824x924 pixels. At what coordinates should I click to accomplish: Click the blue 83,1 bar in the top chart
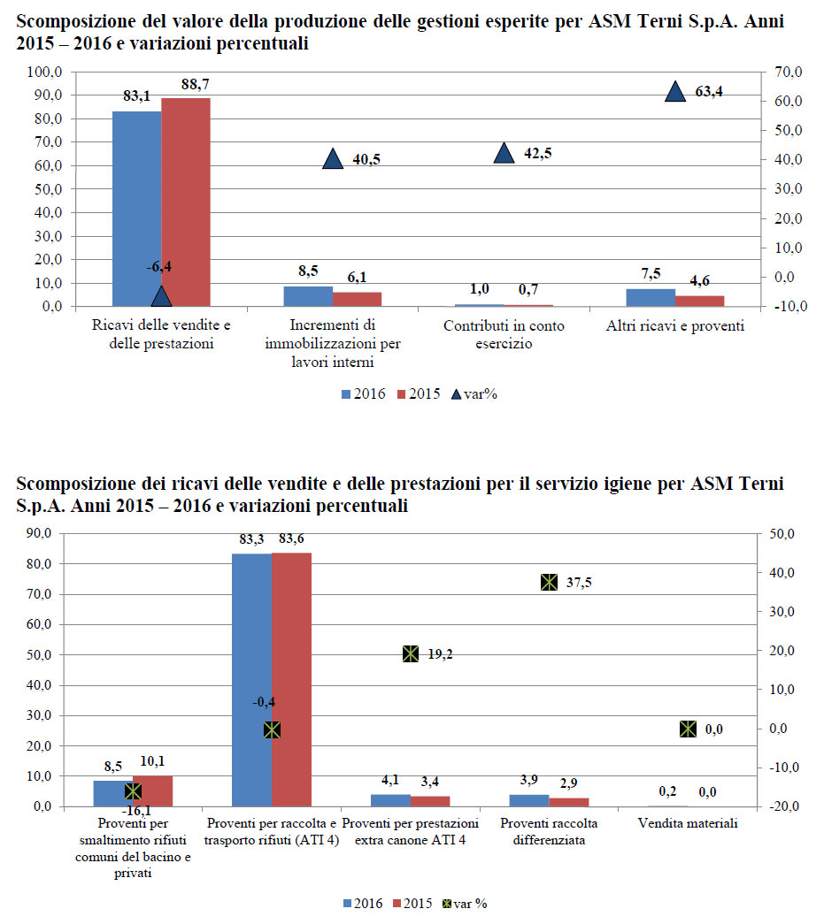(x=137, y=209)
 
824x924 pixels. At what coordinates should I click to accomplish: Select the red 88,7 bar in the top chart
(x=186, y=202)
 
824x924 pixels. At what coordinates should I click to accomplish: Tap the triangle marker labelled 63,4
(x=675, y=92)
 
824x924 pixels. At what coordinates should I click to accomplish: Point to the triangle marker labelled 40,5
(x=333, y=159)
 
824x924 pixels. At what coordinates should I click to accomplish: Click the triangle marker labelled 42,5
(x=504, y=153)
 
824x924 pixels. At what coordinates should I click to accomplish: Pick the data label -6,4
(x=159, y=267)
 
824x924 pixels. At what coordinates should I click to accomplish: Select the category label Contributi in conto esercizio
(x=504, y=334)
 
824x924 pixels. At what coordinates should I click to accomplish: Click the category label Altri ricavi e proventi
(x=675, y=326)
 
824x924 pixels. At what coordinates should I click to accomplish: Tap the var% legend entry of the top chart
(x=474, y=394)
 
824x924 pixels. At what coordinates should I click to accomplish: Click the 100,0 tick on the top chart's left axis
(x=44, y=72)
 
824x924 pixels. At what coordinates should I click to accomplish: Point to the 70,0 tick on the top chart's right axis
(x=789, y=72)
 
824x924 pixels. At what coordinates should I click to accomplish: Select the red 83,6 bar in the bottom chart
(x=291, y=679)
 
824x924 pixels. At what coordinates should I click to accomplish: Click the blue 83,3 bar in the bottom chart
(x=252, y=680)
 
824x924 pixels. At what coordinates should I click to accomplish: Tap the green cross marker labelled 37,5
(x=549, y=583)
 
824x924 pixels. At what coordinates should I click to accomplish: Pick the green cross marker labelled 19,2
(x=411, y=654)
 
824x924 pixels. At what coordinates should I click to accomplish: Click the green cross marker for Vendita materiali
(x=688, y=729)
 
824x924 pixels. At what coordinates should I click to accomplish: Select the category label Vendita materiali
(x=688, y=823)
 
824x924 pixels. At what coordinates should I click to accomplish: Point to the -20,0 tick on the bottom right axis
(x=783, y=806)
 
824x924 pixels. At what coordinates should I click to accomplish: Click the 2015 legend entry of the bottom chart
(x=412, y=904)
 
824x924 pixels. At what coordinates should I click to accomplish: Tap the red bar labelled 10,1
(x=153, y=790)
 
